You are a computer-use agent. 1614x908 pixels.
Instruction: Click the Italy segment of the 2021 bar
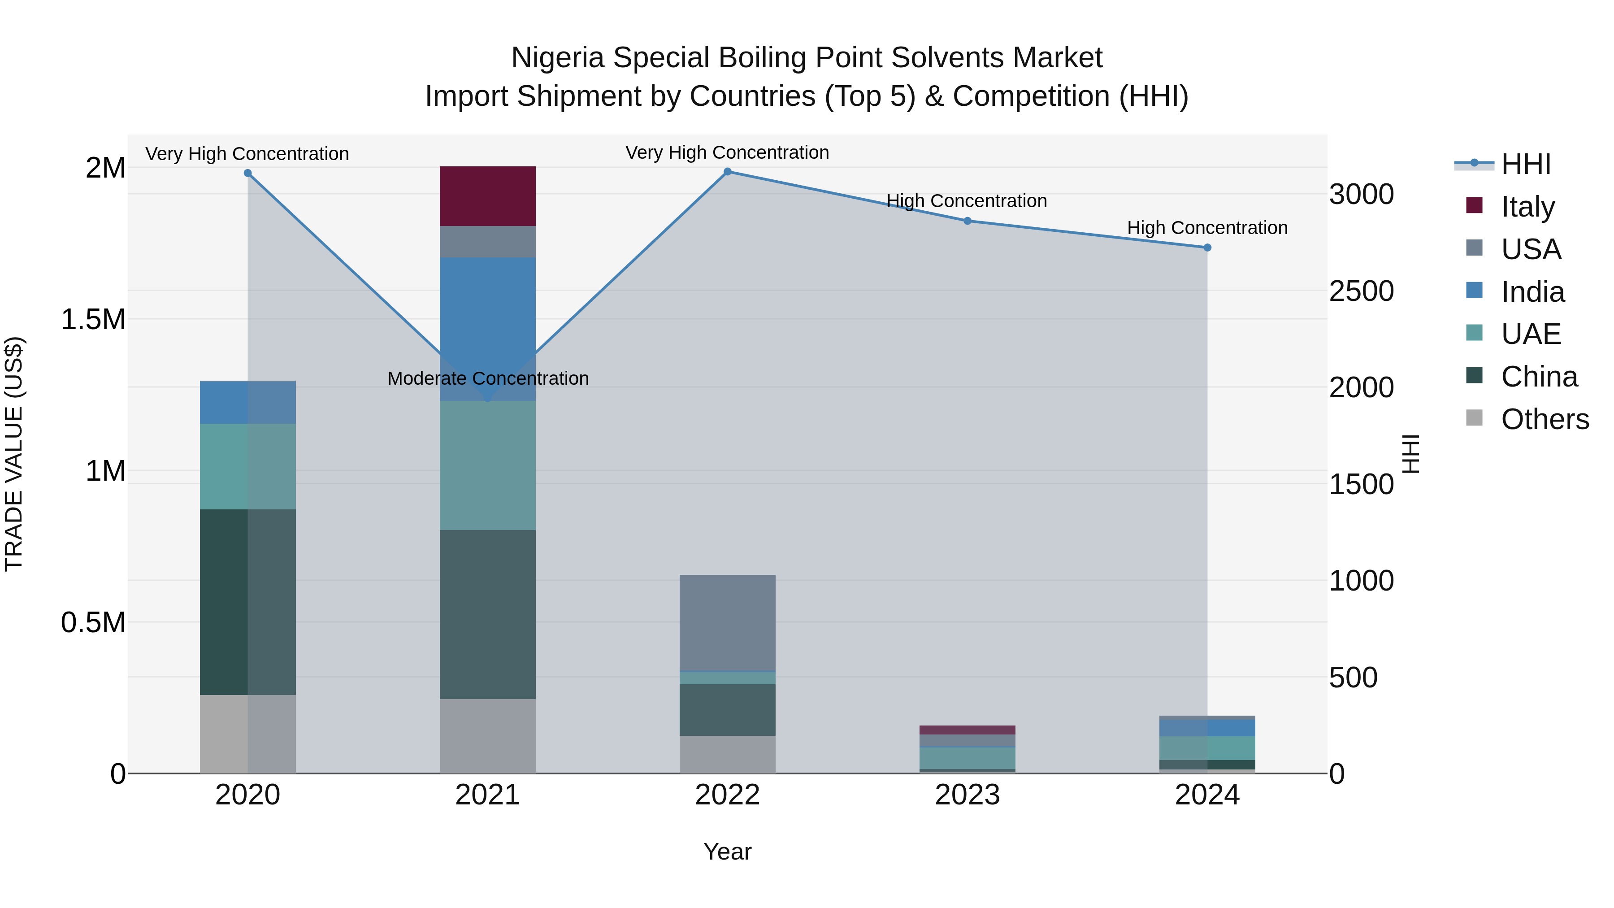(x=487, y=196)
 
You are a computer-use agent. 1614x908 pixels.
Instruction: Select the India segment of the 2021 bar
(x=487, y=313)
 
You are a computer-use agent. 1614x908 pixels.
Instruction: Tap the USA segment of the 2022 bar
(x=728, y=622)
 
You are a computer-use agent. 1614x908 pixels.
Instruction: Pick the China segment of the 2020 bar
(x=247, y=602)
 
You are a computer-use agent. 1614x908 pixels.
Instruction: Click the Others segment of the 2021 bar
(x=487, y=736)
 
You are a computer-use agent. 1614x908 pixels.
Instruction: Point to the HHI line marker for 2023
(x=968, y=221)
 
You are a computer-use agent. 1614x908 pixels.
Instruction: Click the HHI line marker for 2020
(x=247, y=173)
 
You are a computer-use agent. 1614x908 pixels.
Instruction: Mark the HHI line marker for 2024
(x=1207, y=248)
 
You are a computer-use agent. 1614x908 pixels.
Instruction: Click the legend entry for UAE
(x=1531, y=334)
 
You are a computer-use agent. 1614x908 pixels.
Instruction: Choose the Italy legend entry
(x=1527, y=206)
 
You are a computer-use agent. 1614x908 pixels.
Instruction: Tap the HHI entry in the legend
(x=1526, y=164)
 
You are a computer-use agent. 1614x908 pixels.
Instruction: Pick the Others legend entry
(x=1545, y=419)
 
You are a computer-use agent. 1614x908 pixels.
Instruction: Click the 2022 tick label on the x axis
(x=728, y=795)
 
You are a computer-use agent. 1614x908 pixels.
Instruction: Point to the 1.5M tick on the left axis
(x=93, y=320)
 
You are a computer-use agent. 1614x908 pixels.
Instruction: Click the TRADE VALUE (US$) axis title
(x=14, y=454)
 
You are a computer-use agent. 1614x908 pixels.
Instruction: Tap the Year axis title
(x=728, y=852)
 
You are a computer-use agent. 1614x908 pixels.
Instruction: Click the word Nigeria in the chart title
(x=558, y=58)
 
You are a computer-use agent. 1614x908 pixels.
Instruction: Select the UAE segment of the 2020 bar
(x=247, y=466)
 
